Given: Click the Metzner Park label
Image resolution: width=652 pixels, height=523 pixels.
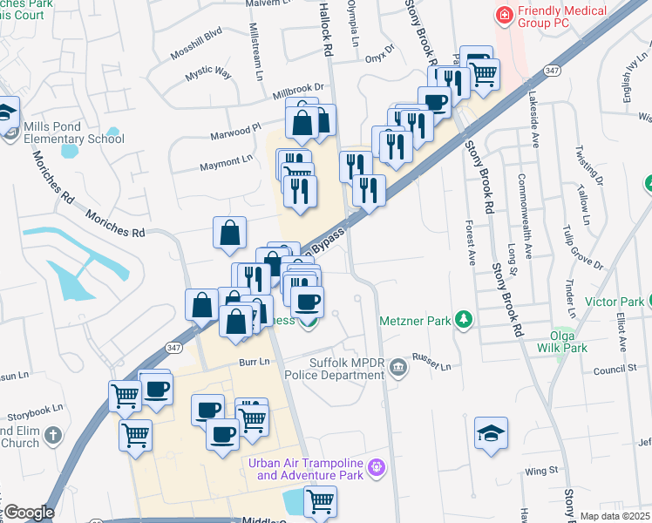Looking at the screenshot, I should point(415,321).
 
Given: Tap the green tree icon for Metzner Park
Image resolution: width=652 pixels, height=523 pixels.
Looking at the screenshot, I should point(465,321).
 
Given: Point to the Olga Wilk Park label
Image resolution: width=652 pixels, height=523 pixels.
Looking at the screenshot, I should point(568,341).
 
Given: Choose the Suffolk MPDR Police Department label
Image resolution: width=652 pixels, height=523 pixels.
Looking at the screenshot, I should point(347,369).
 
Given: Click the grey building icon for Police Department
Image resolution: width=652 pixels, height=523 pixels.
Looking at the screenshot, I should point(398,367).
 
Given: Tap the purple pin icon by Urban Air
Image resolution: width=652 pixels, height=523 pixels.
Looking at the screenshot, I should point(377,468).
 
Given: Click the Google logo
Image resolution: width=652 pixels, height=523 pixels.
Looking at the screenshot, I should point(29,513).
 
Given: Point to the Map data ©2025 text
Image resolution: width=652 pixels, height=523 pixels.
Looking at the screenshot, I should point(615,516).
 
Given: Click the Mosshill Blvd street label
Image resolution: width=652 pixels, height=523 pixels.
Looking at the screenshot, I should point(197,46).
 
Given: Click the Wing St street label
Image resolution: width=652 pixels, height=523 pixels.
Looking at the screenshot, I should point(541,471).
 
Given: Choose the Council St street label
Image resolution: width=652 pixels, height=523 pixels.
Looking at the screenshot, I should point(615,370).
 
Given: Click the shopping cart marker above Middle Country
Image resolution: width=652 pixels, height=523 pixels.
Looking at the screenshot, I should point(320,501).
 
